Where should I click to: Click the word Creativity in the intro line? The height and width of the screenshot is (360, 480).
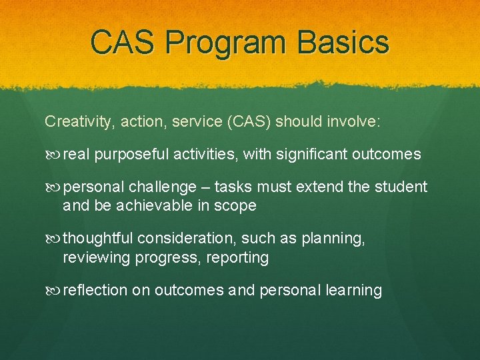coord(73,122)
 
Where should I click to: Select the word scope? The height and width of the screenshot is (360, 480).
coord(237,205)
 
